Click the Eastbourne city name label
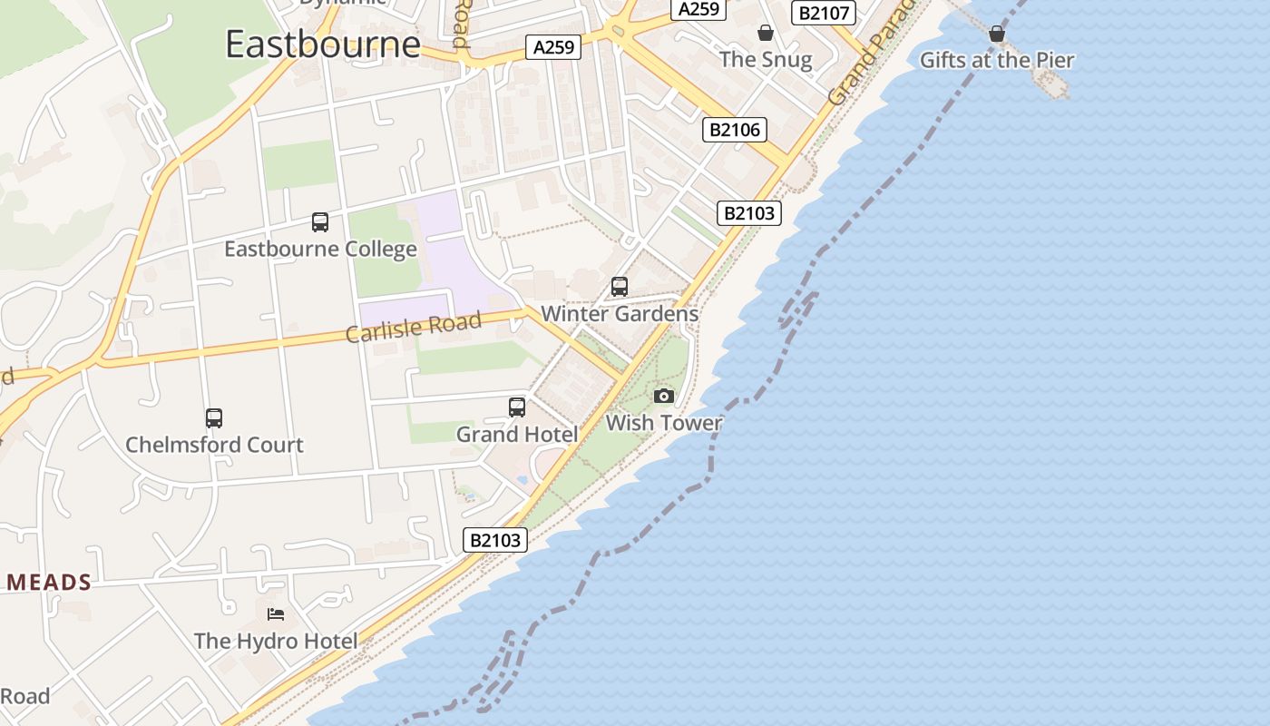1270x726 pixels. pos(323,44)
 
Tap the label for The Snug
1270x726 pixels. pos(766,60)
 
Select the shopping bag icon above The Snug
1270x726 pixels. pos(766,34)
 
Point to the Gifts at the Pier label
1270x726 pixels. pos(997,61)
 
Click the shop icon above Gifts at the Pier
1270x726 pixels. pos(997,34)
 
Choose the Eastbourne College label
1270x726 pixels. pos(320,249)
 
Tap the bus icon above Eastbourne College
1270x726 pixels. pos(319,222)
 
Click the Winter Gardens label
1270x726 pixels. pos(620,314)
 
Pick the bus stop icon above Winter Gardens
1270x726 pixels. pos(620,287)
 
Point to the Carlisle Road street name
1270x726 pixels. pos(414,328)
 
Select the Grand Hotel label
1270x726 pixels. pos(516,435)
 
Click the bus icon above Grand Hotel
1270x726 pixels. pos(517,407)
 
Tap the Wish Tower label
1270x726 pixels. pos(664,423)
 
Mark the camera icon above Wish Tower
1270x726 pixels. pos(664,397)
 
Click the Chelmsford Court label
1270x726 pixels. pos(214,445)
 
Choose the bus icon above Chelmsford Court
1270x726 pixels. pos(214,418)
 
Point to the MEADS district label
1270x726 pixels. pos(49,583)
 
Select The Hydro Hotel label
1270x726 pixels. pos(276,641)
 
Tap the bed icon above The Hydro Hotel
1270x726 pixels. pos(276,614)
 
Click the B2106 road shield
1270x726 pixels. pos(735,130)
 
